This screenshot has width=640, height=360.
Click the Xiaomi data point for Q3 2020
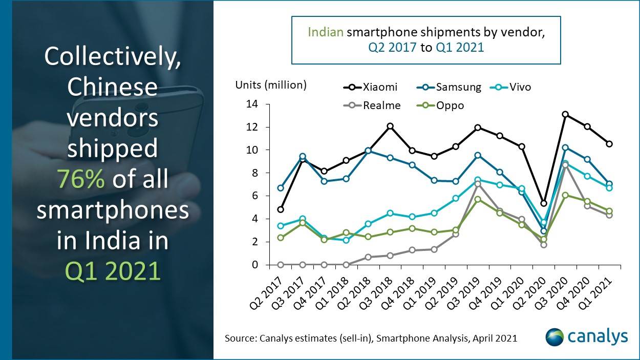565,114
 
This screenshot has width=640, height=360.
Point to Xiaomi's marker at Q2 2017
281,209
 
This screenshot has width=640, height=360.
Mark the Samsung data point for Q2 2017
281,188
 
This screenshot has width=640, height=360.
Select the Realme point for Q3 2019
478,184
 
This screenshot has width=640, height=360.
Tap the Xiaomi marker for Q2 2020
544,204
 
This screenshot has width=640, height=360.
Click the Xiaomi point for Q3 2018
390,126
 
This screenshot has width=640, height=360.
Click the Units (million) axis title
271,85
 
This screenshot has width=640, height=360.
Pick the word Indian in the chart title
326,33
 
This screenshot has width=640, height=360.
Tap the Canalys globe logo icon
554,337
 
